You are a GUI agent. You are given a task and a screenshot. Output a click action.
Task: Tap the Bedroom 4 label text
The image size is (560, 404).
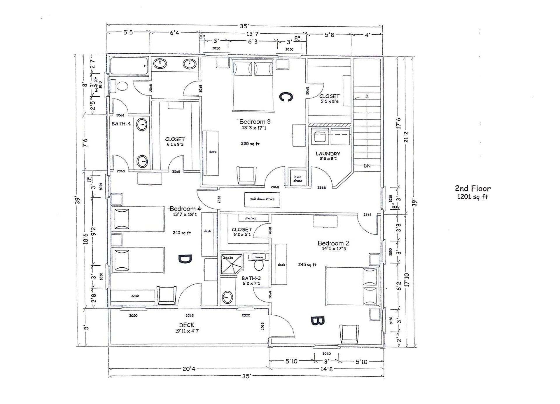click(185, 209)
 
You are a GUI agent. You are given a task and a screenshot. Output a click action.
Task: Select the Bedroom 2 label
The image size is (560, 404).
click(333, 243)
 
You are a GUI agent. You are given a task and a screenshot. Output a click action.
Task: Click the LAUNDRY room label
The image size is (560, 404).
click(328, 154)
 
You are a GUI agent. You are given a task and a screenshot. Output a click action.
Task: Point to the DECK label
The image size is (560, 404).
click(187, 325)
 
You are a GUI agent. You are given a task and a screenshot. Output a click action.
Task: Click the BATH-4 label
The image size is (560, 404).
click(121, 124)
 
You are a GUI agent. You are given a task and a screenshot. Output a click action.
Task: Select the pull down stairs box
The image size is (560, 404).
click(262, 199)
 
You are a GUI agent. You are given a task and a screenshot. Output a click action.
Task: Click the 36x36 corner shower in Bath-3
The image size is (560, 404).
click(231, 264)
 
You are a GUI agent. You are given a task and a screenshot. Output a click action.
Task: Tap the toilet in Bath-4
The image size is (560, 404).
click(122, 86)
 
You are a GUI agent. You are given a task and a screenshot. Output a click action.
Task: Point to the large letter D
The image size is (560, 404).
click(185, 259)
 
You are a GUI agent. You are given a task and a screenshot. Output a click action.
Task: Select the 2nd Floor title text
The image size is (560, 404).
click(473, 189)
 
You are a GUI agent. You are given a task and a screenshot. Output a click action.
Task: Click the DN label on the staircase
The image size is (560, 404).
click(367, 166)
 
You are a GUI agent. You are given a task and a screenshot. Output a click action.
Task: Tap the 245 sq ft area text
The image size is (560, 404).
click(307, 264)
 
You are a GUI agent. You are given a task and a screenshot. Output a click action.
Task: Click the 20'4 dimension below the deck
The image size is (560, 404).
click(189, 369)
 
